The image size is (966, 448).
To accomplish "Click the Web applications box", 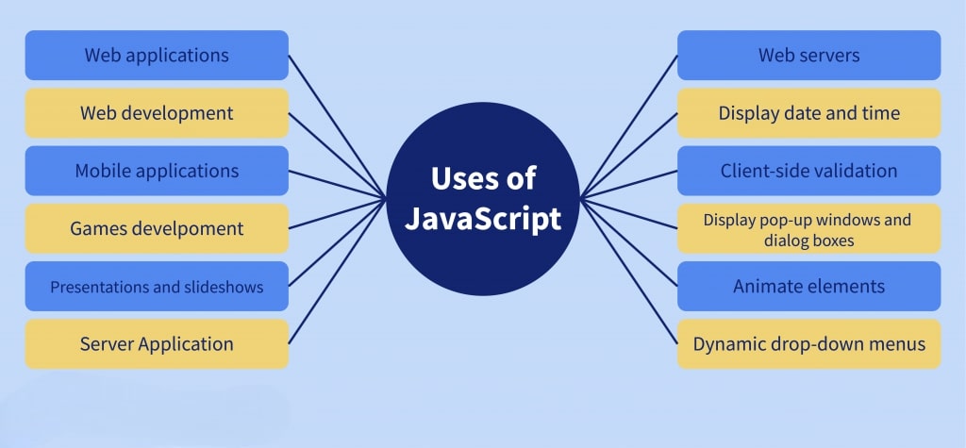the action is pos(157,55).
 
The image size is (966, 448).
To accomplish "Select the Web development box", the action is pos(157,113).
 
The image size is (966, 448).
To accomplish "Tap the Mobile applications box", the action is pos(157,171).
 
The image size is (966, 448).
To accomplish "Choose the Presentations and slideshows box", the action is pos(157,287).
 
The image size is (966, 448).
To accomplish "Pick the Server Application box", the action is pos(157,344).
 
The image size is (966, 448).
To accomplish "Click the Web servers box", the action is pos(808,55).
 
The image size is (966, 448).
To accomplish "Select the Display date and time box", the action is pos(808,113).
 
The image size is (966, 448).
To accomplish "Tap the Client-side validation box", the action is pos(808,171).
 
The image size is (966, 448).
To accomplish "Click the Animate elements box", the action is pos(808,287).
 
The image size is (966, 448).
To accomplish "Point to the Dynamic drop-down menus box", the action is pos(808,344).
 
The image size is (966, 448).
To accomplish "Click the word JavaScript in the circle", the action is pos(483,220).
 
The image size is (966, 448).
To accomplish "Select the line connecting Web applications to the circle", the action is pos(338,127).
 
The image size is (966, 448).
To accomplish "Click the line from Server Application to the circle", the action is pos(338,271).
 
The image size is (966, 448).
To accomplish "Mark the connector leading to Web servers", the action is pos(628,127).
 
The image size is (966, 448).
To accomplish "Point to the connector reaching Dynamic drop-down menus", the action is pos(628,271).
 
